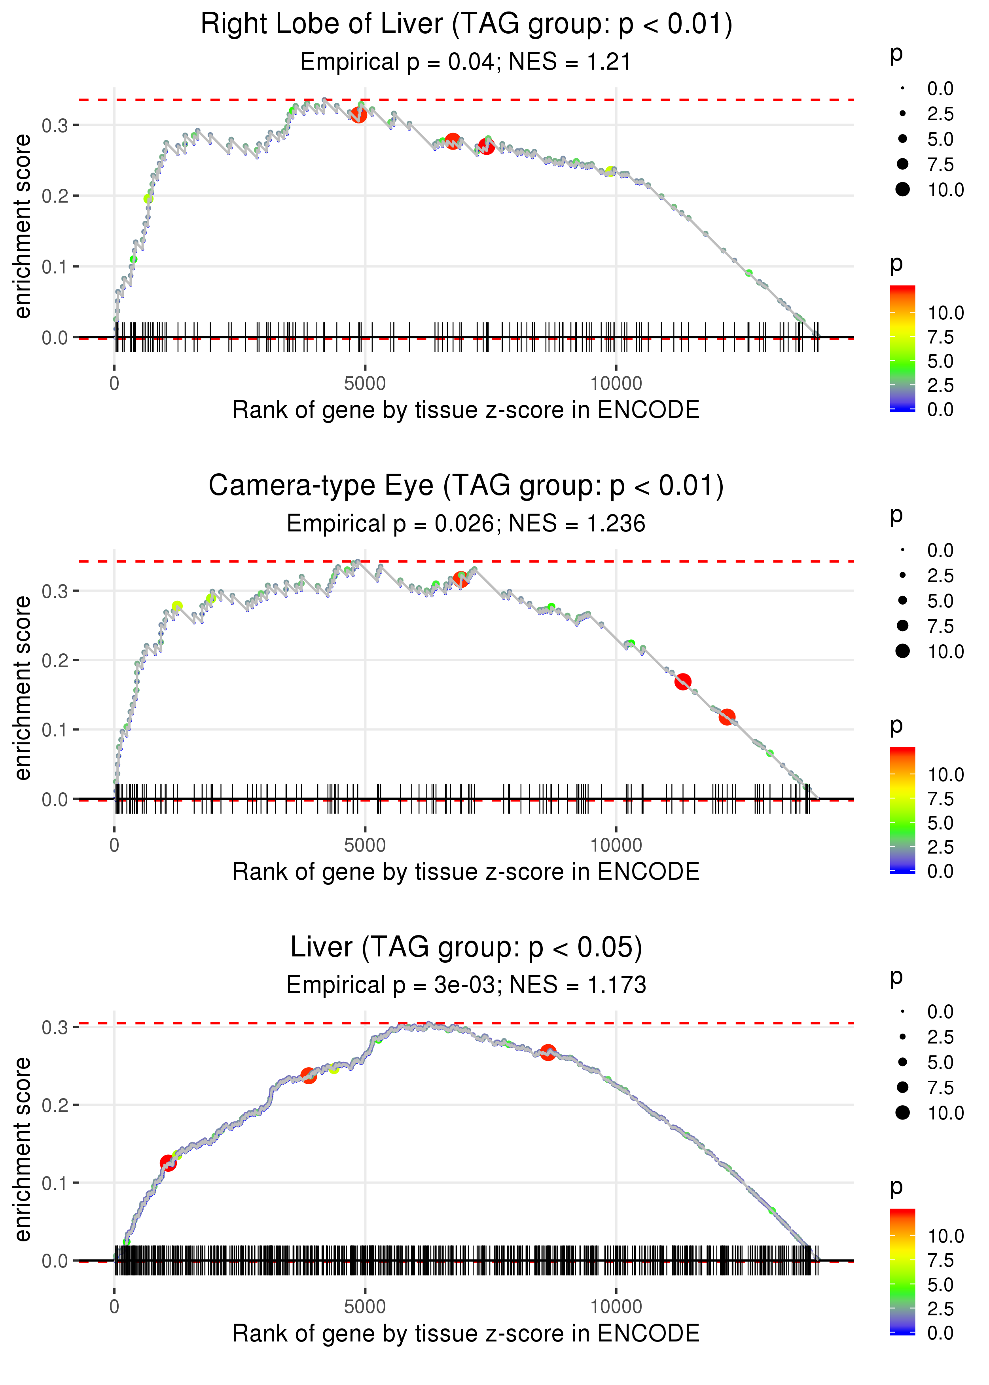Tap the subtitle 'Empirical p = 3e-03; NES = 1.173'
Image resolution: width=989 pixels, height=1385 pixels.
pos(466,985)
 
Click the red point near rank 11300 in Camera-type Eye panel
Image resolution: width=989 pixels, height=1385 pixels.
pos(683,681)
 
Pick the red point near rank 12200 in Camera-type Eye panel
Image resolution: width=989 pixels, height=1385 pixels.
pos(727,717)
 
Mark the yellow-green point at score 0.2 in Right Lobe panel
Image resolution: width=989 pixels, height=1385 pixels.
pos(148,199)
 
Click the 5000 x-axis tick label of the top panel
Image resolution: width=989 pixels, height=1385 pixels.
pos(365,384)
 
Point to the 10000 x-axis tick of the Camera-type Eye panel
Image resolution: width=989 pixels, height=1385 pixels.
pos(616,845)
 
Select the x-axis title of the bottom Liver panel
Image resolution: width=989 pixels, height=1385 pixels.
pos(466,1334)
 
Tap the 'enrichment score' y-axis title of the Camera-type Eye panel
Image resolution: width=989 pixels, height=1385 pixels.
pos(23,688)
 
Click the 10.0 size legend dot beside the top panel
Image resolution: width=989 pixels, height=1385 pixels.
pos(902,190)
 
